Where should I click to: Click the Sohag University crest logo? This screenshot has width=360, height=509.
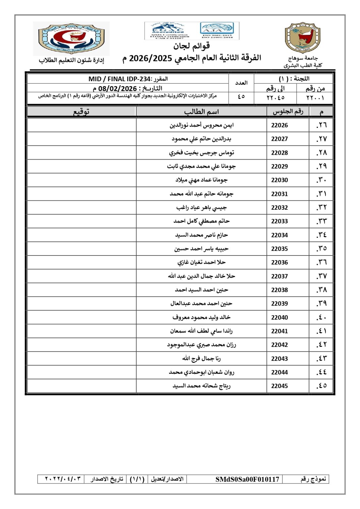[x=303, y=38]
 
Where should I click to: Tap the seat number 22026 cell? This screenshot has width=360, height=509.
[x=279, y=125]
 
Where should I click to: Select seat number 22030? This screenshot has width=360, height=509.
[x=279, y=180]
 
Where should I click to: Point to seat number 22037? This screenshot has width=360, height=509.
[x=279, y=276]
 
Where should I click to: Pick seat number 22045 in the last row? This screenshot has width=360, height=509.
[x=279, y=386]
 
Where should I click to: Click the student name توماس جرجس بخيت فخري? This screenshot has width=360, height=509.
[x=202, y=152]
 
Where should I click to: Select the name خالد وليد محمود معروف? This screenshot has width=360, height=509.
[x=202, y=317]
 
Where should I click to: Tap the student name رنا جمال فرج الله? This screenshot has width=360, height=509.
[x=202, y=359]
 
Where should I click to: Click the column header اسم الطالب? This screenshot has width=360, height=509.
[x=202, y=112]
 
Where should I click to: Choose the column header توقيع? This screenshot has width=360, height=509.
[x=81, y=112]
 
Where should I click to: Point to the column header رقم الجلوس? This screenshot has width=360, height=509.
[x=288, y=112]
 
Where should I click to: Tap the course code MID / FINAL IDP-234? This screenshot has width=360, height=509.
[x=119, y=79]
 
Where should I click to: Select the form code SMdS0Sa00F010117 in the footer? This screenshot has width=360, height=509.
[x=247, y=479]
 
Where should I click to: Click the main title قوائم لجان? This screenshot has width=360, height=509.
[x=191, y=46]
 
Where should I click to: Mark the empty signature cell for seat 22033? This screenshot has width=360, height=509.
[x=82, y=221]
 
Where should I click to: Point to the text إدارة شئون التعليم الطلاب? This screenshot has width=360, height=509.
[x=71, y=60]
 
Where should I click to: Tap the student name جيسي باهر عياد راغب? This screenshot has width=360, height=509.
[x=202, y=207]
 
